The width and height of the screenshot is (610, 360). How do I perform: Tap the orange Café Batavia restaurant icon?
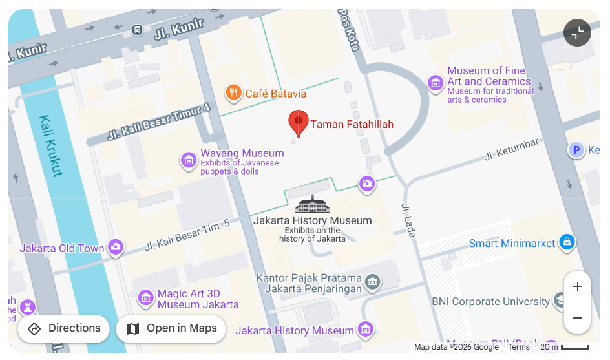(x=233, y=93)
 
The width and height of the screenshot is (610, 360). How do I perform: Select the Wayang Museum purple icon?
(x=189, y=160)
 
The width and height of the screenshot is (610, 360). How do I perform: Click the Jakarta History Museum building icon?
(x=312, y=204)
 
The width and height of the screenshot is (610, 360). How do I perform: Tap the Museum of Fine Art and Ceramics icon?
(x=436, y=83)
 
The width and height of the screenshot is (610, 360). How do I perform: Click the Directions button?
(x=63, y=328)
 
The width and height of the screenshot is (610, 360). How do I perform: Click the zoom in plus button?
(x=578, y=286)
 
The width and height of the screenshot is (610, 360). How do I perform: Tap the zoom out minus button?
(x=578, y=318)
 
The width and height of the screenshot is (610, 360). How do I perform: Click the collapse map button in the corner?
(x=577, y=32)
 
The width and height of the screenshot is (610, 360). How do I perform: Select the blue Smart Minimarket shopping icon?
(x=567, y=242)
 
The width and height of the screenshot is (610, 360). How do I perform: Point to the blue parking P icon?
(x=575, y=151)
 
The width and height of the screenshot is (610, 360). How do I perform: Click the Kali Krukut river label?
(x=50, y=145)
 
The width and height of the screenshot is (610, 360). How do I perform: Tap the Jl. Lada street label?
(x=408, y=220)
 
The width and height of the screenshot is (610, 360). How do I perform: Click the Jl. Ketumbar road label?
(x=512, y=151)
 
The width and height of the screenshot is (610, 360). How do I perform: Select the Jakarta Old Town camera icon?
(x=116, y=247)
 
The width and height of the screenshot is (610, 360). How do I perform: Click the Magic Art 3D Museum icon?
(x=146, y=297)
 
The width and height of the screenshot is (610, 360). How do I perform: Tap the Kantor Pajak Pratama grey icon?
(x=372, y=282)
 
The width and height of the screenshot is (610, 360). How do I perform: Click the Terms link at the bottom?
(x=519, y=347)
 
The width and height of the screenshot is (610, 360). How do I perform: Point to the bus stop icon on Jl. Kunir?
(x=137, y=30)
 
